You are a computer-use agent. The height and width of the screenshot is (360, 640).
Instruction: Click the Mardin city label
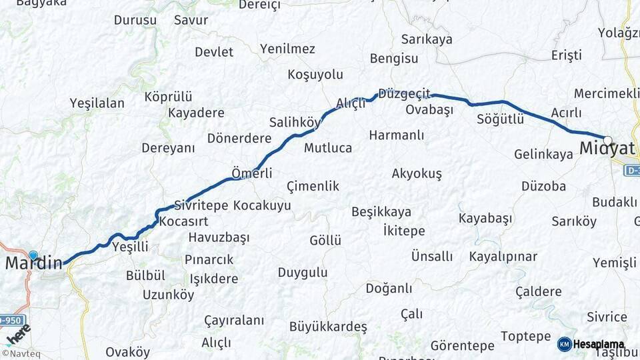click(33, 263)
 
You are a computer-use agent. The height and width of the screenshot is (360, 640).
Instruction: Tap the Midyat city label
click(606, 149)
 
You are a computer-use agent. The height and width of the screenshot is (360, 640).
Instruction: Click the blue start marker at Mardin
click(33, 255)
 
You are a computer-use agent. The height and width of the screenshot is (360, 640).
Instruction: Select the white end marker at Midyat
click(607, 140)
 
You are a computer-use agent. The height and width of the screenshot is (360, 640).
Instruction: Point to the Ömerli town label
click(251, 173)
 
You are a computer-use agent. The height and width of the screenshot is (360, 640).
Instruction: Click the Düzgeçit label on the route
click(404, 93)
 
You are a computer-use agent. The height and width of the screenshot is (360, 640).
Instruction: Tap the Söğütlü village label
click(501, 119)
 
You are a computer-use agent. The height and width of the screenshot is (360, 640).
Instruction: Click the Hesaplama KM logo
click(591, 344)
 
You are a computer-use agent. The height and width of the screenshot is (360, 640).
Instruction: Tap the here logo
click(19, 333)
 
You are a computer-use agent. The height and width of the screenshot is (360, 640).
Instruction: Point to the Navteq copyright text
click(21, 353)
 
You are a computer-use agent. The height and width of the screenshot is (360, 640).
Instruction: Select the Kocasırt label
click(184, 221)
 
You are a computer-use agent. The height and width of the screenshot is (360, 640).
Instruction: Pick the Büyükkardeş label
click(328, 327)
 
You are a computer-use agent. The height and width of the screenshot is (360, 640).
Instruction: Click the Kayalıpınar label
click(503, 257)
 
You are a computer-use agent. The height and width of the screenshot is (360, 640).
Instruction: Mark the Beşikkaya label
click(381, 212)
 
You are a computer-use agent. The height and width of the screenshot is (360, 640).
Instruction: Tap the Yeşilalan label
click(97, 103)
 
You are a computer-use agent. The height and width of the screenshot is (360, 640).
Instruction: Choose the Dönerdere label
click(239, 138)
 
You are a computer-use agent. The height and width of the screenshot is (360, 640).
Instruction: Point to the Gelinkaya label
click(543, 155)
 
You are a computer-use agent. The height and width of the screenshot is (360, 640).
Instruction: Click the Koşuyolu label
click(315, 74)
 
